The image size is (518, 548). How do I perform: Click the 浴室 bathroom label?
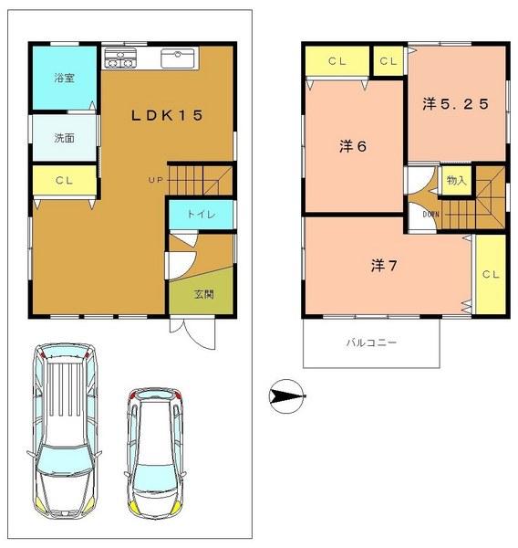pos(63,78)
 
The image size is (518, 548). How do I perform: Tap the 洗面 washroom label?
pos(63,139)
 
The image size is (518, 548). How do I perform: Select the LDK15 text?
pos(165,115)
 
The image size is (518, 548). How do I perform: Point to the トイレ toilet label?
pos(202,214)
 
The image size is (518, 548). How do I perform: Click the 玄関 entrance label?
pos(203,294)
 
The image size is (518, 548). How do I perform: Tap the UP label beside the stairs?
pos(155,179)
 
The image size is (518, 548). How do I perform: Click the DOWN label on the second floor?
pos(431,215)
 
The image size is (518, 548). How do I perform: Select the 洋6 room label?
pos(353,146)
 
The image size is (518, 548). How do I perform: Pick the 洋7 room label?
pos(383,265)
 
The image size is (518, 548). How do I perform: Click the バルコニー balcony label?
pos(370,343)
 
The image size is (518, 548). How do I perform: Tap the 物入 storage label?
pos(456,181)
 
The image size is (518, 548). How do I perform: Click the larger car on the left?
pos(64,429)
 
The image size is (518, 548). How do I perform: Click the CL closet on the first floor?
pos(63,181)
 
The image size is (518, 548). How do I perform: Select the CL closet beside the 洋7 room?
pos(490,273)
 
